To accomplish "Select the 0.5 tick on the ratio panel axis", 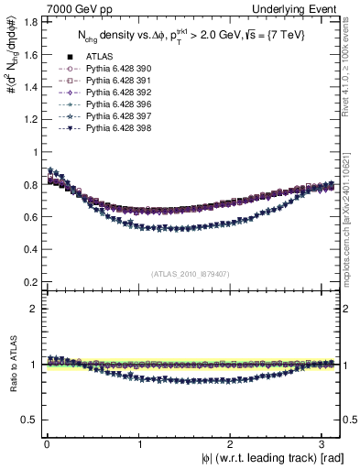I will (31, 420).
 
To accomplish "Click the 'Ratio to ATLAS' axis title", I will (12, 365).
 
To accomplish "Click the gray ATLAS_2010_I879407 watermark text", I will (191, 273).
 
